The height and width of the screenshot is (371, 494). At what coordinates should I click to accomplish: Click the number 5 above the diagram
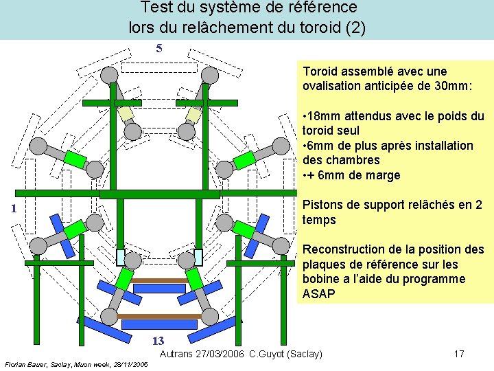[x=159, y=48]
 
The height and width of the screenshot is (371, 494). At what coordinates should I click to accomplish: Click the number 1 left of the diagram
[x=4, y=209]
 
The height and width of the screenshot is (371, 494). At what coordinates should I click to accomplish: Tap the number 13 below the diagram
[x=158, y=341]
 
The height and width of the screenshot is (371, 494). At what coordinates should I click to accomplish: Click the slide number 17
[x=459, y=354]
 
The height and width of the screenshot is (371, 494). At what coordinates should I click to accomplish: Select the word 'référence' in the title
[x=324, y=8]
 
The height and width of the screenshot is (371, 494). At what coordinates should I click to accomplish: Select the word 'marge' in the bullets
[x=384, y=175]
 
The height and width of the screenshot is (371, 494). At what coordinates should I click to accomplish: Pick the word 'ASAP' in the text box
[x=318, y=294]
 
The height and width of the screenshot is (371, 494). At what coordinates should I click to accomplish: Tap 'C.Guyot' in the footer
[x=268, y=354]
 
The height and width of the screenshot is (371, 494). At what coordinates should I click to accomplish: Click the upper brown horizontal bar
[x=160, y=281]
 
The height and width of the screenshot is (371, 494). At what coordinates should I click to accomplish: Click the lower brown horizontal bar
[x=161, y=316]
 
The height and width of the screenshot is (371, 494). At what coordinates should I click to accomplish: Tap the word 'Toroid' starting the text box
[x=320, y=71]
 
